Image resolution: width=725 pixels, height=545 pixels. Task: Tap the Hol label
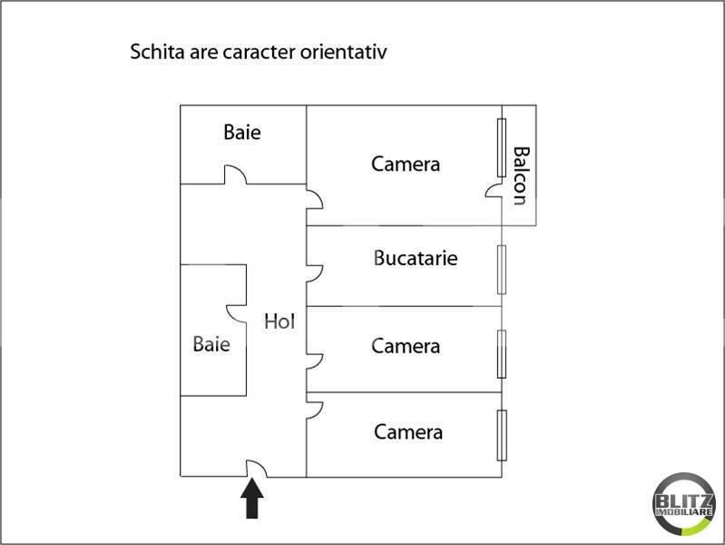pos(279,321)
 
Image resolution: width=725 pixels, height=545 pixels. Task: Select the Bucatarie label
pos(416,258)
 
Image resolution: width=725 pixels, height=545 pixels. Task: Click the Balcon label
pos(520,175)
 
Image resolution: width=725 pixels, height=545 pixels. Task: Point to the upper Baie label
pos(242,133)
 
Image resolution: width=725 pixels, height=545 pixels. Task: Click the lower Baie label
pos(211,344)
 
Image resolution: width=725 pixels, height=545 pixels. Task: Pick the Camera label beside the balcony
pos(406,164)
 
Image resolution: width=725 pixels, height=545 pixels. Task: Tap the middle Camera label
pos(406,346)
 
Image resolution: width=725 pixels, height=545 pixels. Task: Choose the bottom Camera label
pos(408,431)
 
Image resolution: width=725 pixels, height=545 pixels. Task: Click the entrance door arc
pos(257,467)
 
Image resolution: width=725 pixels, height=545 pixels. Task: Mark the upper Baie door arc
pos(234,173)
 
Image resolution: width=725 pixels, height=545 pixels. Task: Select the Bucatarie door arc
pos(315,271)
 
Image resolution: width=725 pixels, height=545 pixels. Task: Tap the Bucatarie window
pos(501,269)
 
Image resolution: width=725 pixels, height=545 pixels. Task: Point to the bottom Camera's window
pos(501,435)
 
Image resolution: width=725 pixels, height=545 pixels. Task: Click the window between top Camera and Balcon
pos(501,148)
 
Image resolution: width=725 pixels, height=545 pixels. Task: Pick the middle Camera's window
pos(501,352)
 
